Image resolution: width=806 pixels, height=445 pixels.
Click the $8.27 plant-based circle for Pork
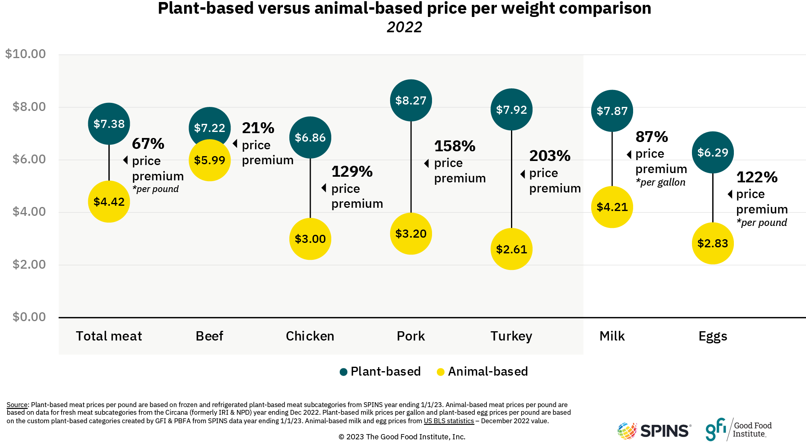[x=411, y=100]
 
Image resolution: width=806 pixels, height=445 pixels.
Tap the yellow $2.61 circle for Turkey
[x=511, y=249]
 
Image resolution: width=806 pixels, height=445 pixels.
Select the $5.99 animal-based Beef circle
[x=210, y=161]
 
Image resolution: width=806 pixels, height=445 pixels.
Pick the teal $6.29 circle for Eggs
[x=713, y=153]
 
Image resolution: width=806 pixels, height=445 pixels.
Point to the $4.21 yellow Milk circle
[x=612, y=207]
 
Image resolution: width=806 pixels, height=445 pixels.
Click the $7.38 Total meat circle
[x=109, y=124]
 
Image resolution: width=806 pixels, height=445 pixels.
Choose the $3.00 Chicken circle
[x=310, y=239]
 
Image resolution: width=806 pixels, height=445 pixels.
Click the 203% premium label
[x=550, y=156]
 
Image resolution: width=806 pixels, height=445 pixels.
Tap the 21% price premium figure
[x=258, y=128]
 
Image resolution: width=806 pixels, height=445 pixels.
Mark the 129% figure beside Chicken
[x=352, y=171]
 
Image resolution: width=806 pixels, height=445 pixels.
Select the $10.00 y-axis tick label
[x=25, y=54]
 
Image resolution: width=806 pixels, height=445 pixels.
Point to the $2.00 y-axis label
[x=29, y=264]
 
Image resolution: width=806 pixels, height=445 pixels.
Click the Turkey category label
[x=511, y=336]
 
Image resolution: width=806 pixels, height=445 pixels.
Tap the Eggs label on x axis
[x=713, y=336]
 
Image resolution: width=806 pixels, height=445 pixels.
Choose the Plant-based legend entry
[x=380, y=372]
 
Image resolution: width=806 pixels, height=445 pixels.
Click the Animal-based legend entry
[x=482, y=372]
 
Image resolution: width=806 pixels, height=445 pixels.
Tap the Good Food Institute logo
[x=738, y=430]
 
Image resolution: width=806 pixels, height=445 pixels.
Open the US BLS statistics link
[x=449, y=421]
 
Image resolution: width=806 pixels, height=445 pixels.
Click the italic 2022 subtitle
[x=404, y=27]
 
